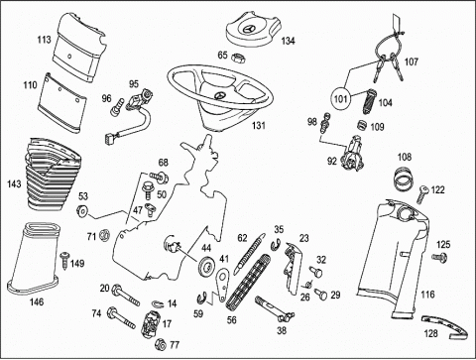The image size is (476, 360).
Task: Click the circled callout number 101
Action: (x=341, y=99)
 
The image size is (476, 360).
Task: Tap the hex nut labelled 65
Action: (x=237, y=59)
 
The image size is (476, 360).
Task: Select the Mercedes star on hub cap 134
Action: (x=249, y=29)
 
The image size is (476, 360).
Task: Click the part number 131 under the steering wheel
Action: (x=258, y=126)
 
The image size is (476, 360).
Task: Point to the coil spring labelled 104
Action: (x=368, y=101)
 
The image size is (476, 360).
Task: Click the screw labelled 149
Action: (x=65, y=260)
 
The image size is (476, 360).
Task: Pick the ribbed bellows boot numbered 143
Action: (x=54, y=176)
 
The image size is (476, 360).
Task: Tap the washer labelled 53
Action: (x=81, y=210)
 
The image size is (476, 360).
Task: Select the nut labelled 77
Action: (x=160, y=344)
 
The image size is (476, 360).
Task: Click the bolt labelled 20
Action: (x=126, y=295)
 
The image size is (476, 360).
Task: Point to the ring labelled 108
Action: (x=404, y=180)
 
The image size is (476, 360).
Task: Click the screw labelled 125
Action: (x=439, y=257)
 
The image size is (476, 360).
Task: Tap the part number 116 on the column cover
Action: (x=427, y=295)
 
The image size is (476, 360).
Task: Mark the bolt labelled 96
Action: (x=117, y=108)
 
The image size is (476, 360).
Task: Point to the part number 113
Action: (x=44, y=40)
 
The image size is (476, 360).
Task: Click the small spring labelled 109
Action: (x=363, y=125)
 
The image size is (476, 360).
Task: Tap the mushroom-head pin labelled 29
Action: (x=321, y=294)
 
